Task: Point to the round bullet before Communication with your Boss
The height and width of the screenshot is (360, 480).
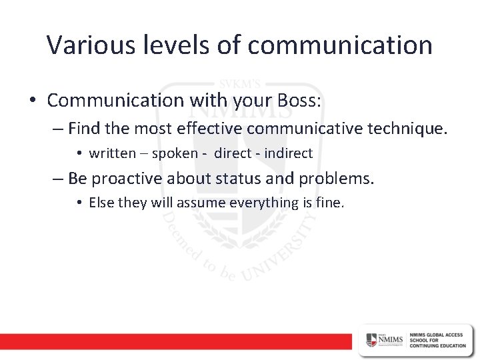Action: tap(33, 101)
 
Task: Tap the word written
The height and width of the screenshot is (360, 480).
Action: tap(112, 153)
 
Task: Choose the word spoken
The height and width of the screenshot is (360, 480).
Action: tap(175, 154)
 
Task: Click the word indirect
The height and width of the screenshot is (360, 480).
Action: tap(289, 153)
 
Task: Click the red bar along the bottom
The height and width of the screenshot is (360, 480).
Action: tap(173, 341)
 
